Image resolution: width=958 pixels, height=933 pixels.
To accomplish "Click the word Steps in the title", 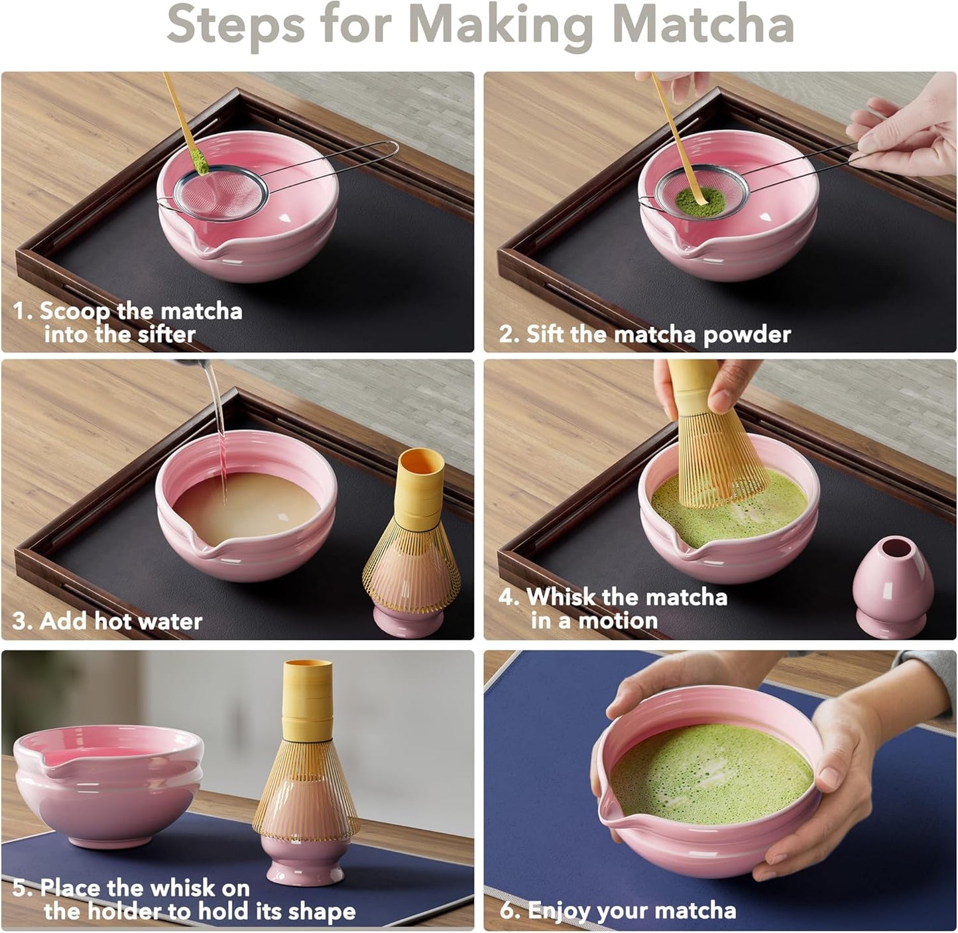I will (235, 25).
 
